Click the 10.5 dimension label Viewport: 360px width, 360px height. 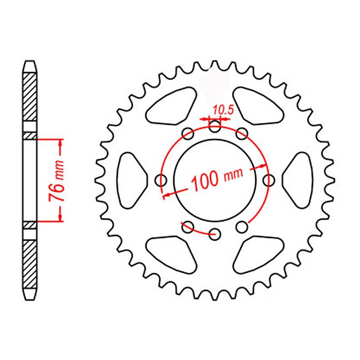pyautogui.click(x=215, y=109)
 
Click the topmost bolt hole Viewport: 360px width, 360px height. pyautogui.click(x=215, y=127)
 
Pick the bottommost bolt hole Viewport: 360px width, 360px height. pyautogui.click(x=215, y=233)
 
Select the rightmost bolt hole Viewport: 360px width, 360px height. pyautogui.click(x=269, y=180)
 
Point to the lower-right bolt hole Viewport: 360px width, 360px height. pyautogui.click(x=242, y=226)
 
